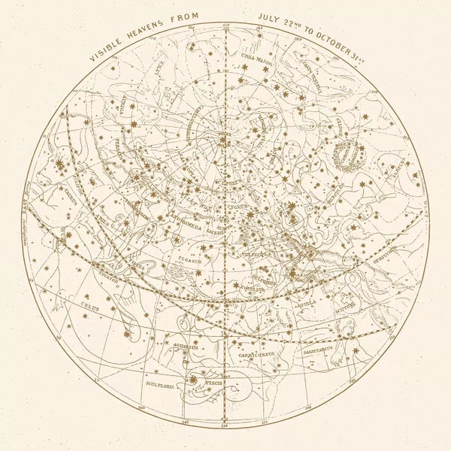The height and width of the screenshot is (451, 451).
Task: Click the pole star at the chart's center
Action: click(x=223, y=138)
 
